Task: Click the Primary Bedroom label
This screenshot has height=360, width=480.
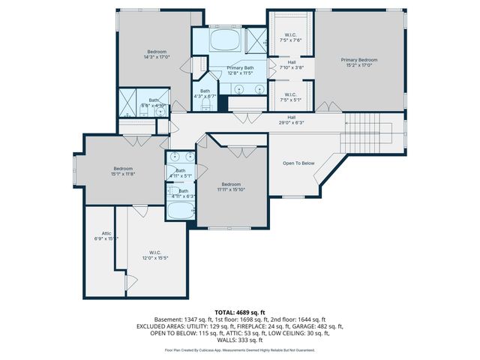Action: (x=358, y=60)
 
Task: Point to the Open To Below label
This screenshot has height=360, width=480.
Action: (x=298, y=163)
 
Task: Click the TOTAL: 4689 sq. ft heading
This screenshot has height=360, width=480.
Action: (x=240, y=312)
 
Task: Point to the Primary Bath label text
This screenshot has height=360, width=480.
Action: (x=241, y=68)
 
